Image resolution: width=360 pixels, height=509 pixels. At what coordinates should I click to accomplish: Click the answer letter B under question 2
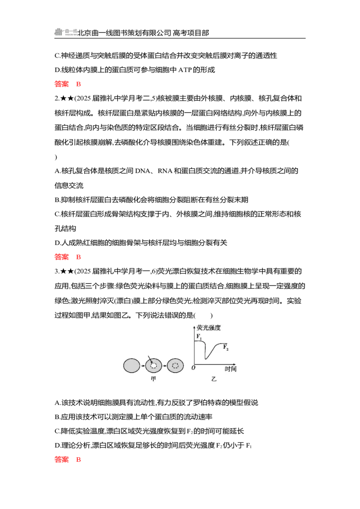[x=78, y=257]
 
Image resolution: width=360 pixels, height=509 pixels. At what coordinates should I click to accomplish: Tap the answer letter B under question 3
[x=78, y=460]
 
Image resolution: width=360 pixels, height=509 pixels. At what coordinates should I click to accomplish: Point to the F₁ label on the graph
[x=199, y=337]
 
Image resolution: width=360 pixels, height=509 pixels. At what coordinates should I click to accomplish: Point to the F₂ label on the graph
[x=226, y=347]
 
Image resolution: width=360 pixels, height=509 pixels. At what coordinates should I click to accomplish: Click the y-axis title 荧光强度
[x=209, y=327]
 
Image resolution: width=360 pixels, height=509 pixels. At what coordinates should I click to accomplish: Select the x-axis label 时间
[x=231, y=369]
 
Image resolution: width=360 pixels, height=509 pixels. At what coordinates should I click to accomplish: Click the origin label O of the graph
[x=193, y=367]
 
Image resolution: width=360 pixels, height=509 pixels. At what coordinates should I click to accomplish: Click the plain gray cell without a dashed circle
[x=131, y=366]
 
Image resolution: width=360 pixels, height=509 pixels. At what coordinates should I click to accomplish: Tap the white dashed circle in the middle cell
[x=153, y=366]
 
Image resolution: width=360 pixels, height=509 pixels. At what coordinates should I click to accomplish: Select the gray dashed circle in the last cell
[x=175, y=366]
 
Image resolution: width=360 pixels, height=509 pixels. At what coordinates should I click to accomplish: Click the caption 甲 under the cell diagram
[x=153, y=379]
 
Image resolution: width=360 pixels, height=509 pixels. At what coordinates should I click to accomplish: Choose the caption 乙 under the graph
[x=213, y=379]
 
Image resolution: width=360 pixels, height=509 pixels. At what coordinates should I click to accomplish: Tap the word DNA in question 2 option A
[x=142, y=171]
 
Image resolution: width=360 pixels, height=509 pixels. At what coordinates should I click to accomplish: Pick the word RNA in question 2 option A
[x=165, y=171]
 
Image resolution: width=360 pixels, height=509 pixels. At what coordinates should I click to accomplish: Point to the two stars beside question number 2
[x=67, y=98]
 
